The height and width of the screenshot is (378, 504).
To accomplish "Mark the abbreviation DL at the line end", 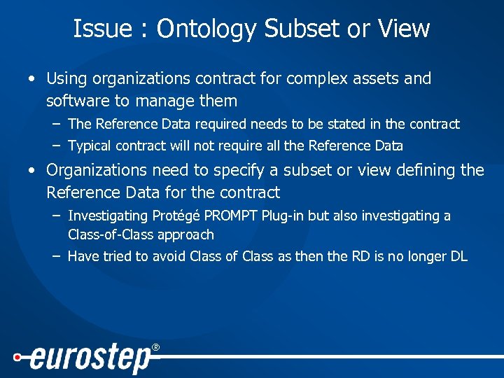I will point(458,256).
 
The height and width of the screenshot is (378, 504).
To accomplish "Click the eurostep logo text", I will point(90,359).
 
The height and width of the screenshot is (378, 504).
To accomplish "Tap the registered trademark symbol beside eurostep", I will point(155,347).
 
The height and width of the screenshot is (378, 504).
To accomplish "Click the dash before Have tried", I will point(55,256).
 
